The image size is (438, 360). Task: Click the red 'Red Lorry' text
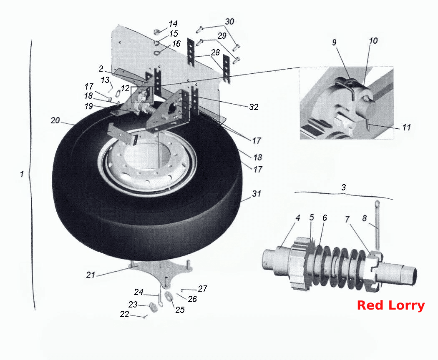391,305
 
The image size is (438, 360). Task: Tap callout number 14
173,24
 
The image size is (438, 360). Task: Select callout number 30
229,22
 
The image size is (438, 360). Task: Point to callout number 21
91,275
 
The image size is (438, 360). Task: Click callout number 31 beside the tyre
257,194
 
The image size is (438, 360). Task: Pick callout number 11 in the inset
406,127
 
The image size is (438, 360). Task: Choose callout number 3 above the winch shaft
344,187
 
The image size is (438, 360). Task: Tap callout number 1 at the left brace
22,174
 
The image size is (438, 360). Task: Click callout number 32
254,107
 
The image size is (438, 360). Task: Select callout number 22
125,314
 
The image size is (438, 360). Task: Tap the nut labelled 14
157,32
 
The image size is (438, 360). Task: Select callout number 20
55,120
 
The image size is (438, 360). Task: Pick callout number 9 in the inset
334,42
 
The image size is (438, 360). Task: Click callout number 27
202,288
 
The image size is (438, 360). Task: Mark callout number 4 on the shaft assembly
298,217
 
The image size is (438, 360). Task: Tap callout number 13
105,80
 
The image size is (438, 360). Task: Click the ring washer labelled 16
157,52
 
